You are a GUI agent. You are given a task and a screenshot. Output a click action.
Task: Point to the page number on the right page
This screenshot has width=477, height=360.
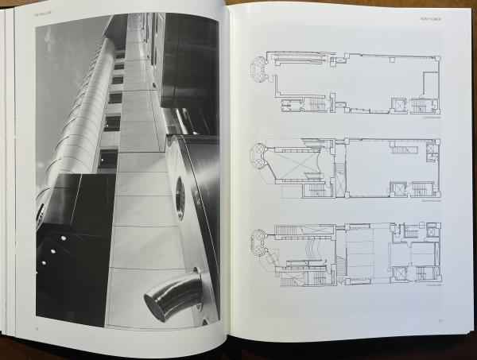[440, 321]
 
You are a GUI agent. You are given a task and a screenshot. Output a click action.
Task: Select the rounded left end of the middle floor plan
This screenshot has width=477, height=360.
[259, 154]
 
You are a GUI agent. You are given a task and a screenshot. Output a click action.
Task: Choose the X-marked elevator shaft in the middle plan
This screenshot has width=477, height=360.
[397, 189]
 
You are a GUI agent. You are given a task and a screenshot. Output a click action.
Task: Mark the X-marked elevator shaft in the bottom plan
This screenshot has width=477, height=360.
[397, 274]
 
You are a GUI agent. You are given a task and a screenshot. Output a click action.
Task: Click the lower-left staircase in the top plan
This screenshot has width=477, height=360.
[316, 104]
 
